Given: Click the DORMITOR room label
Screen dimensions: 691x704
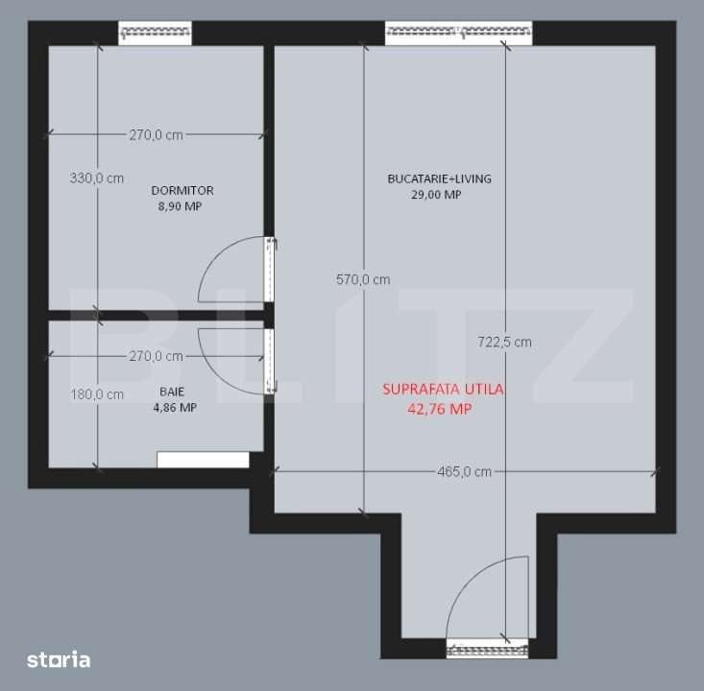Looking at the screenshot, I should point(182,190).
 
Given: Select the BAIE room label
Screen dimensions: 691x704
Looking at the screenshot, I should point(173,392).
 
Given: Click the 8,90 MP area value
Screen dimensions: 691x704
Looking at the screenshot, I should point(182,206).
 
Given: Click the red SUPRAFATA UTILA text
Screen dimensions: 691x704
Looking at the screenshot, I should point(443,390).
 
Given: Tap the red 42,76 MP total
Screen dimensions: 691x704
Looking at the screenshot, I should point(441,408).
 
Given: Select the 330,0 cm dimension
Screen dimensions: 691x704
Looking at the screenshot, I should point(97,178).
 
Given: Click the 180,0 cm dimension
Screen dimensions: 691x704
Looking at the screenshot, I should point(97,393).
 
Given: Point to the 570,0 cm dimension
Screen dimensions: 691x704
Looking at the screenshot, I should point(363,280).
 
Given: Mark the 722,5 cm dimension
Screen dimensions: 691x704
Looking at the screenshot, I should point(504,342).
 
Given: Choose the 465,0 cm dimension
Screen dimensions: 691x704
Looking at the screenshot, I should point(464,471).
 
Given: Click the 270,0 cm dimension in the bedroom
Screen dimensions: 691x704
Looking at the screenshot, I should point(156,135).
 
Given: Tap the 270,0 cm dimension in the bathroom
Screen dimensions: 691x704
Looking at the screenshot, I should point(156,356).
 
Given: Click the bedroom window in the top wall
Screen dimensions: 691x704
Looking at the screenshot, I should point(156,33).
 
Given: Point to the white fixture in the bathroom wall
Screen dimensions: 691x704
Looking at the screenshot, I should point(203,460).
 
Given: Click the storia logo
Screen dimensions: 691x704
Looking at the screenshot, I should point(59,659).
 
